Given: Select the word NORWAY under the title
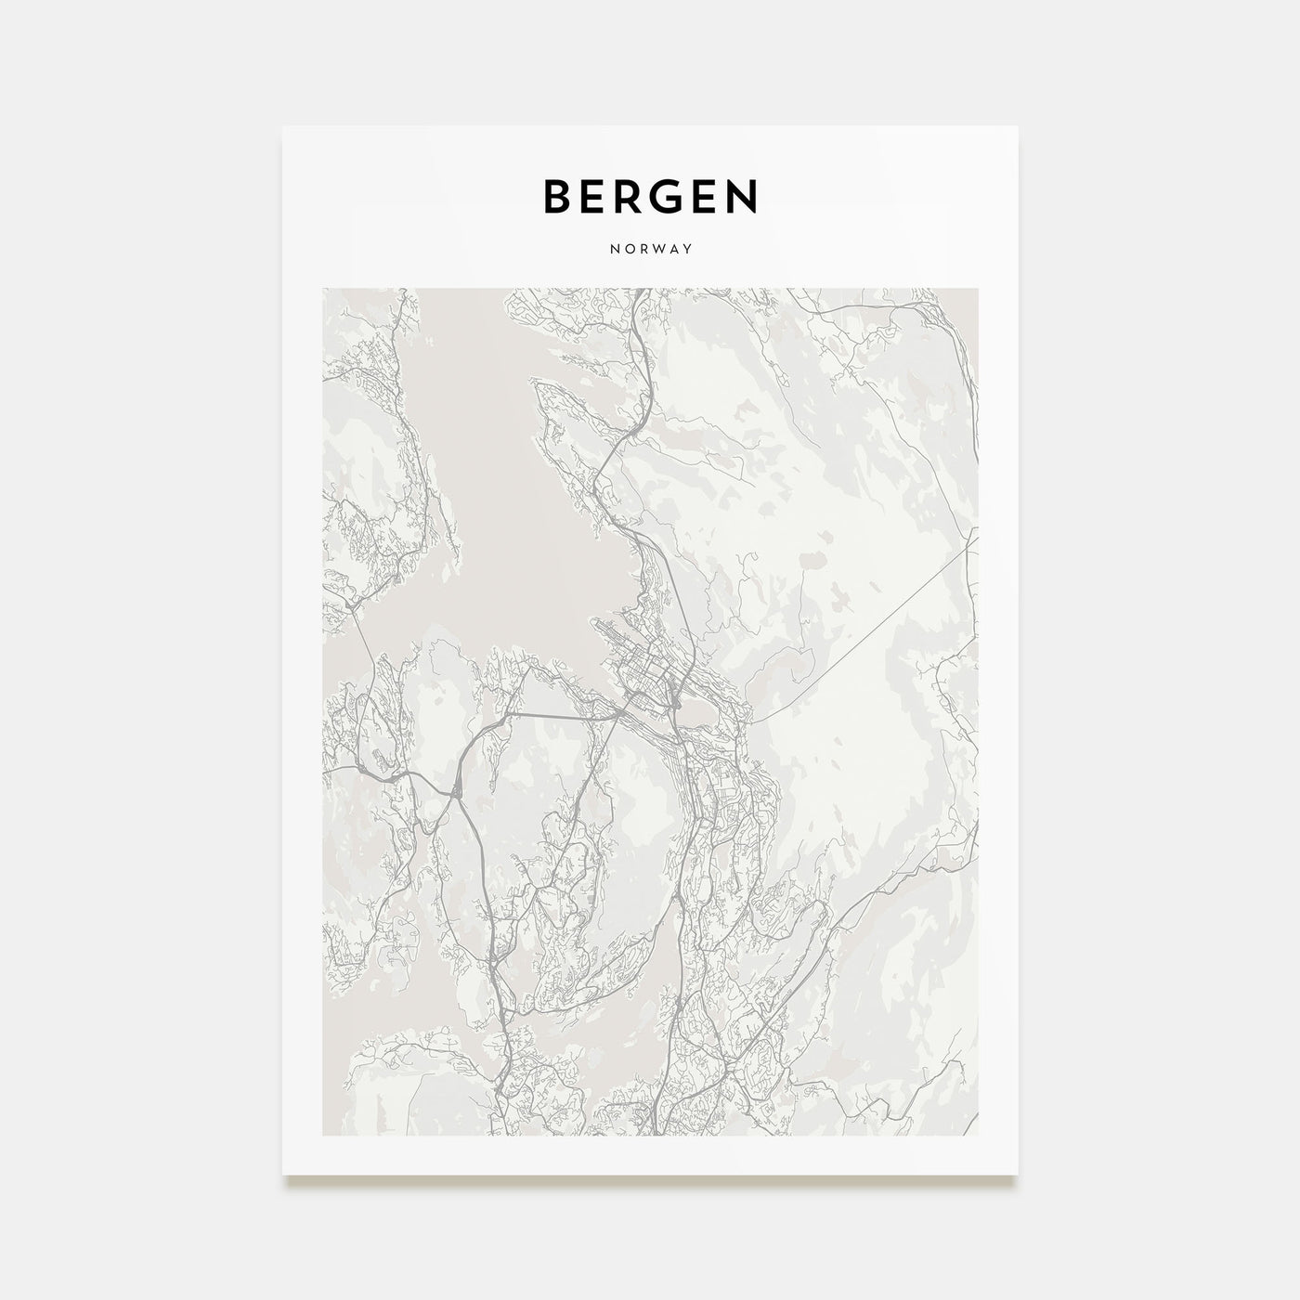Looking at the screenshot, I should pos(650,250).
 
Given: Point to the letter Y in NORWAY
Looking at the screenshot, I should pos(688,250).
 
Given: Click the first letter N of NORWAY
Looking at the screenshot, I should pos(613,250).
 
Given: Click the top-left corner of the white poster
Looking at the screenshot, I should pos(283,126).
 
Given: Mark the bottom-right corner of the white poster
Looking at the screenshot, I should pos(1018,1174).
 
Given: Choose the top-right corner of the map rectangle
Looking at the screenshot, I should pos(978,288).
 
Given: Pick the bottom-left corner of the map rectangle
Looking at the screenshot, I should pos(323,1135).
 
